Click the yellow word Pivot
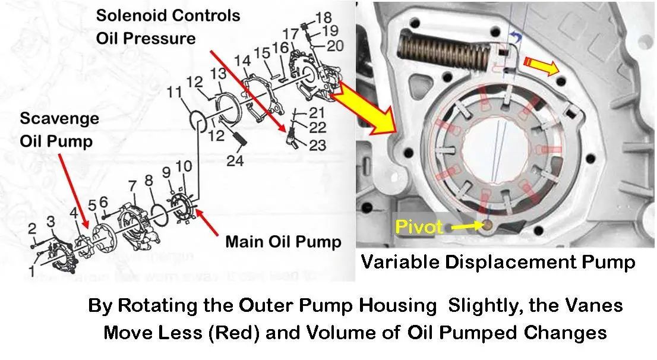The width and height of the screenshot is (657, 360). coord(419,227)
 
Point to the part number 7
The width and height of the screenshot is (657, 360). coord(132,185)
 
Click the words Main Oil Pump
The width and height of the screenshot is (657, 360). coord(283,242)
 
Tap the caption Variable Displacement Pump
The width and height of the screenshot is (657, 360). coord(498,261)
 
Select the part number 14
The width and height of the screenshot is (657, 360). coord(242,61)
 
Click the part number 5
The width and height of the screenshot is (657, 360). coord(92,206)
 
